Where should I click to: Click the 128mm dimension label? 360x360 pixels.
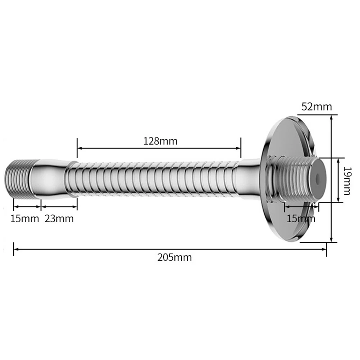tap(160, 141)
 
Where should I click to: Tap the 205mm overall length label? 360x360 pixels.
tap(174, 258)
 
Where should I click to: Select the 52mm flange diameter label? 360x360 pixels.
tap(316, 107)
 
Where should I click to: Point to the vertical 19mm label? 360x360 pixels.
tap(347, 180)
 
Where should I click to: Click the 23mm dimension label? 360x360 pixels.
tap(59, 218)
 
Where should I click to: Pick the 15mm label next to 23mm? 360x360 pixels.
tap(24, 218)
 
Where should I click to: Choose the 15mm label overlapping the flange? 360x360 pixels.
tap(300, 218)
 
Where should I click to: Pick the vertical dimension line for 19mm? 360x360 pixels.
tap(338, 180)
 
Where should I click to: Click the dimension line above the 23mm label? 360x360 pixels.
tap(59, 206)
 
